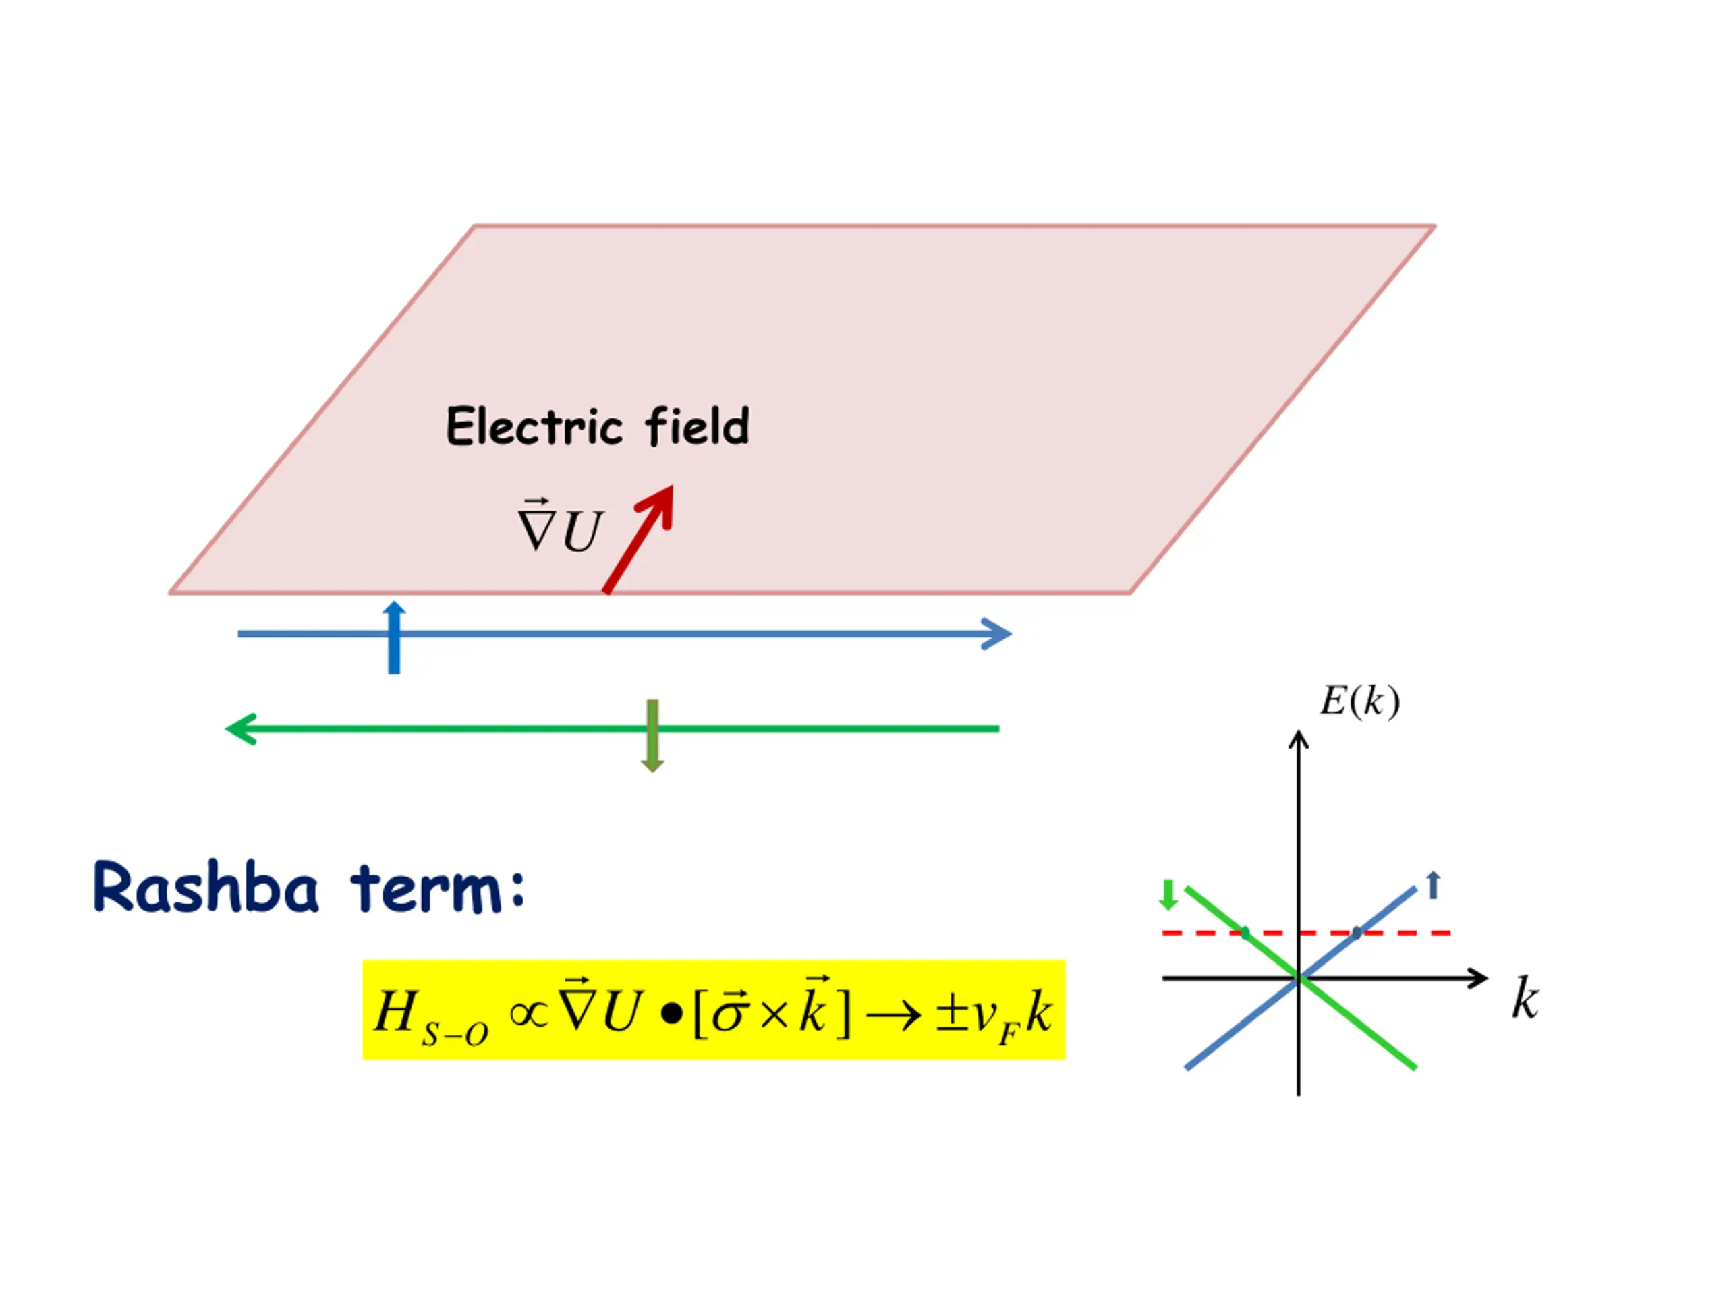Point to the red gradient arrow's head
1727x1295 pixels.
click(x=660, y=502)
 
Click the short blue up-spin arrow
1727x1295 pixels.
click(x=394, y=637)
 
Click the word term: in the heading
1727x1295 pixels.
click(x=438, y=888)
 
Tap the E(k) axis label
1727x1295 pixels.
click(x=1359, y=701)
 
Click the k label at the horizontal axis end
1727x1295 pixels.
click(x=1525, y=999)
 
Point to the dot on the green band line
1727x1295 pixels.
click(x=1245, y=932)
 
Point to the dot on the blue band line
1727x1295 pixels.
click(x=1357, y=932)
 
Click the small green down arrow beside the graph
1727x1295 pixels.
click(x=1168, y=894)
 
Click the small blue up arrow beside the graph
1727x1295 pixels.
click(x=1433, y=885)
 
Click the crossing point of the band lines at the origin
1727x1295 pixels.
click(x=1299, y=977)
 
